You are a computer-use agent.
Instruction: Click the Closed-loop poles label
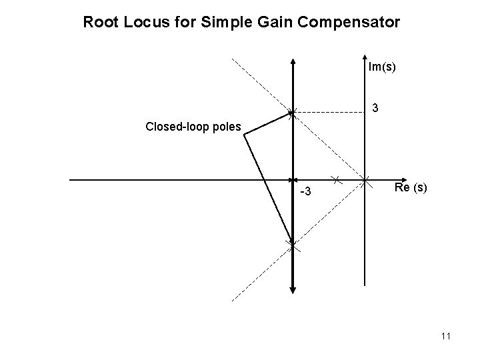[193, 127]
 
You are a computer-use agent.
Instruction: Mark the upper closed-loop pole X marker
[293, 113]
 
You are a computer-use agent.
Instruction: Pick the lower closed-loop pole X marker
[293, 246]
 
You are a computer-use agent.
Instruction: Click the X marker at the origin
[365, 179]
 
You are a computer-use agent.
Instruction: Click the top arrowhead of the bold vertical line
[293, 61]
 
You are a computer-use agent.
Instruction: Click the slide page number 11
[446, 337]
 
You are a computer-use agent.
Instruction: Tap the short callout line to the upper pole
[268, 124]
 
